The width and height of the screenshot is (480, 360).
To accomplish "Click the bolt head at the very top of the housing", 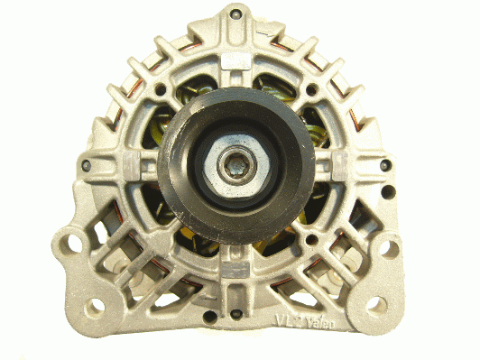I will click(235, 14).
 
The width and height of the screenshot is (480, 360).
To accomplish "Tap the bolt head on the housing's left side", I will click(86, 166).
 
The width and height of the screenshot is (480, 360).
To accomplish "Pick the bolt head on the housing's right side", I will click(385, 165).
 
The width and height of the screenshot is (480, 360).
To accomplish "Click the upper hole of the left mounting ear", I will click(75, 242).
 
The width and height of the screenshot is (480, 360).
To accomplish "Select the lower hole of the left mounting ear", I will click(94, 305).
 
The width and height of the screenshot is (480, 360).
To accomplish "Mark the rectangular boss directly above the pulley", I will click(235, 61).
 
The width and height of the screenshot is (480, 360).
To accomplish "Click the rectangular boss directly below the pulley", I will click(235, 268).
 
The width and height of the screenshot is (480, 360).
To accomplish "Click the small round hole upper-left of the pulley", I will click(161, 90).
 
